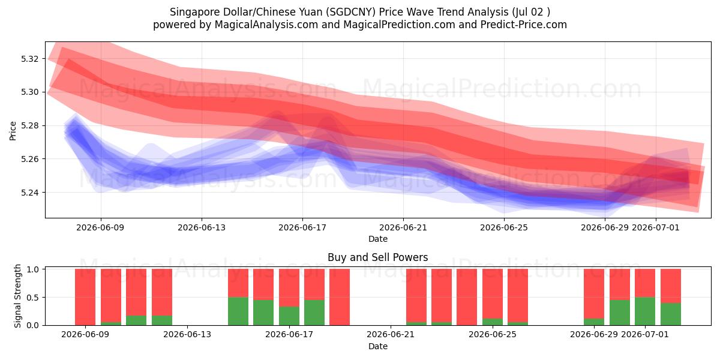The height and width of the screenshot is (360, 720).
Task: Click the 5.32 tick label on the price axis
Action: click(29, 59)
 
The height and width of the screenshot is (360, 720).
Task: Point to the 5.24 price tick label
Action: click(29, 193)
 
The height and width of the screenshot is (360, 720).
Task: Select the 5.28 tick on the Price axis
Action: click(29, 125)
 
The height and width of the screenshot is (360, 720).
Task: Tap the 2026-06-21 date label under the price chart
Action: click(403, 227)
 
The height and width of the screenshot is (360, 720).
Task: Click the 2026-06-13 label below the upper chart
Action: click(202, 227)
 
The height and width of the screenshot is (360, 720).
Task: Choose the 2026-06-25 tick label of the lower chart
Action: click(493, 334)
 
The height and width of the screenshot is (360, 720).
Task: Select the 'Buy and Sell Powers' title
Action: click(377, 257)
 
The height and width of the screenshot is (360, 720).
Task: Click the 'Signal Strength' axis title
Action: click(17, 296)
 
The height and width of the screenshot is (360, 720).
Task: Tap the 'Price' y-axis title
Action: click(13, 131)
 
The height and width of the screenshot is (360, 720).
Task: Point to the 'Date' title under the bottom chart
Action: click(377, 346)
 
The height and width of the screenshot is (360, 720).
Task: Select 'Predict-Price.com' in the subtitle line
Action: click(524, 25)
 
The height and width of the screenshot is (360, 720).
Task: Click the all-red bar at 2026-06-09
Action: click(85, 297)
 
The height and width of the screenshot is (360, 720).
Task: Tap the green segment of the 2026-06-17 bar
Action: click(289, 316)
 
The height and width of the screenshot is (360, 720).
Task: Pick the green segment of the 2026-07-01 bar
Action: click(645, 311)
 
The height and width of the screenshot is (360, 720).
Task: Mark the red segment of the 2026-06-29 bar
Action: click(594, 294)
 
